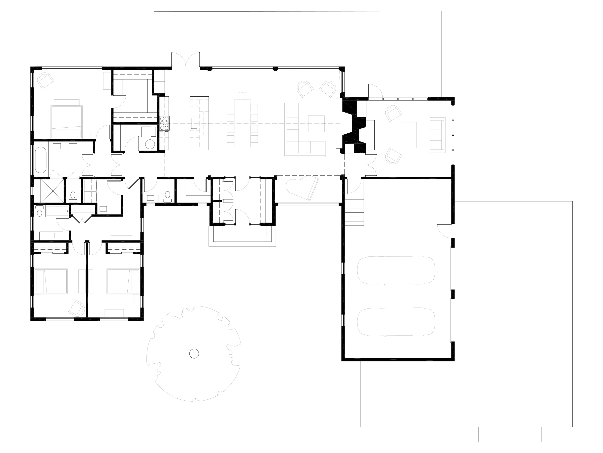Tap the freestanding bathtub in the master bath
click(41, 160)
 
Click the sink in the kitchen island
click(194, 123)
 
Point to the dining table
click(242, 123)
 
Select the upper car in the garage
click(396, 270)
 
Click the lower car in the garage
click(396, 322)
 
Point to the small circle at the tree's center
click(194, 354)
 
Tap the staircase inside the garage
click(355, 212)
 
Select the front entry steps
click(242, 236)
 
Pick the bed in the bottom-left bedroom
click(51, 281)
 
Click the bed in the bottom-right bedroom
click(123, 281)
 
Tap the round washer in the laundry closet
click(150, 144)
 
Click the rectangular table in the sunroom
click(409, 135)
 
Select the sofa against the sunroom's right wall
click(437, 135)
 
